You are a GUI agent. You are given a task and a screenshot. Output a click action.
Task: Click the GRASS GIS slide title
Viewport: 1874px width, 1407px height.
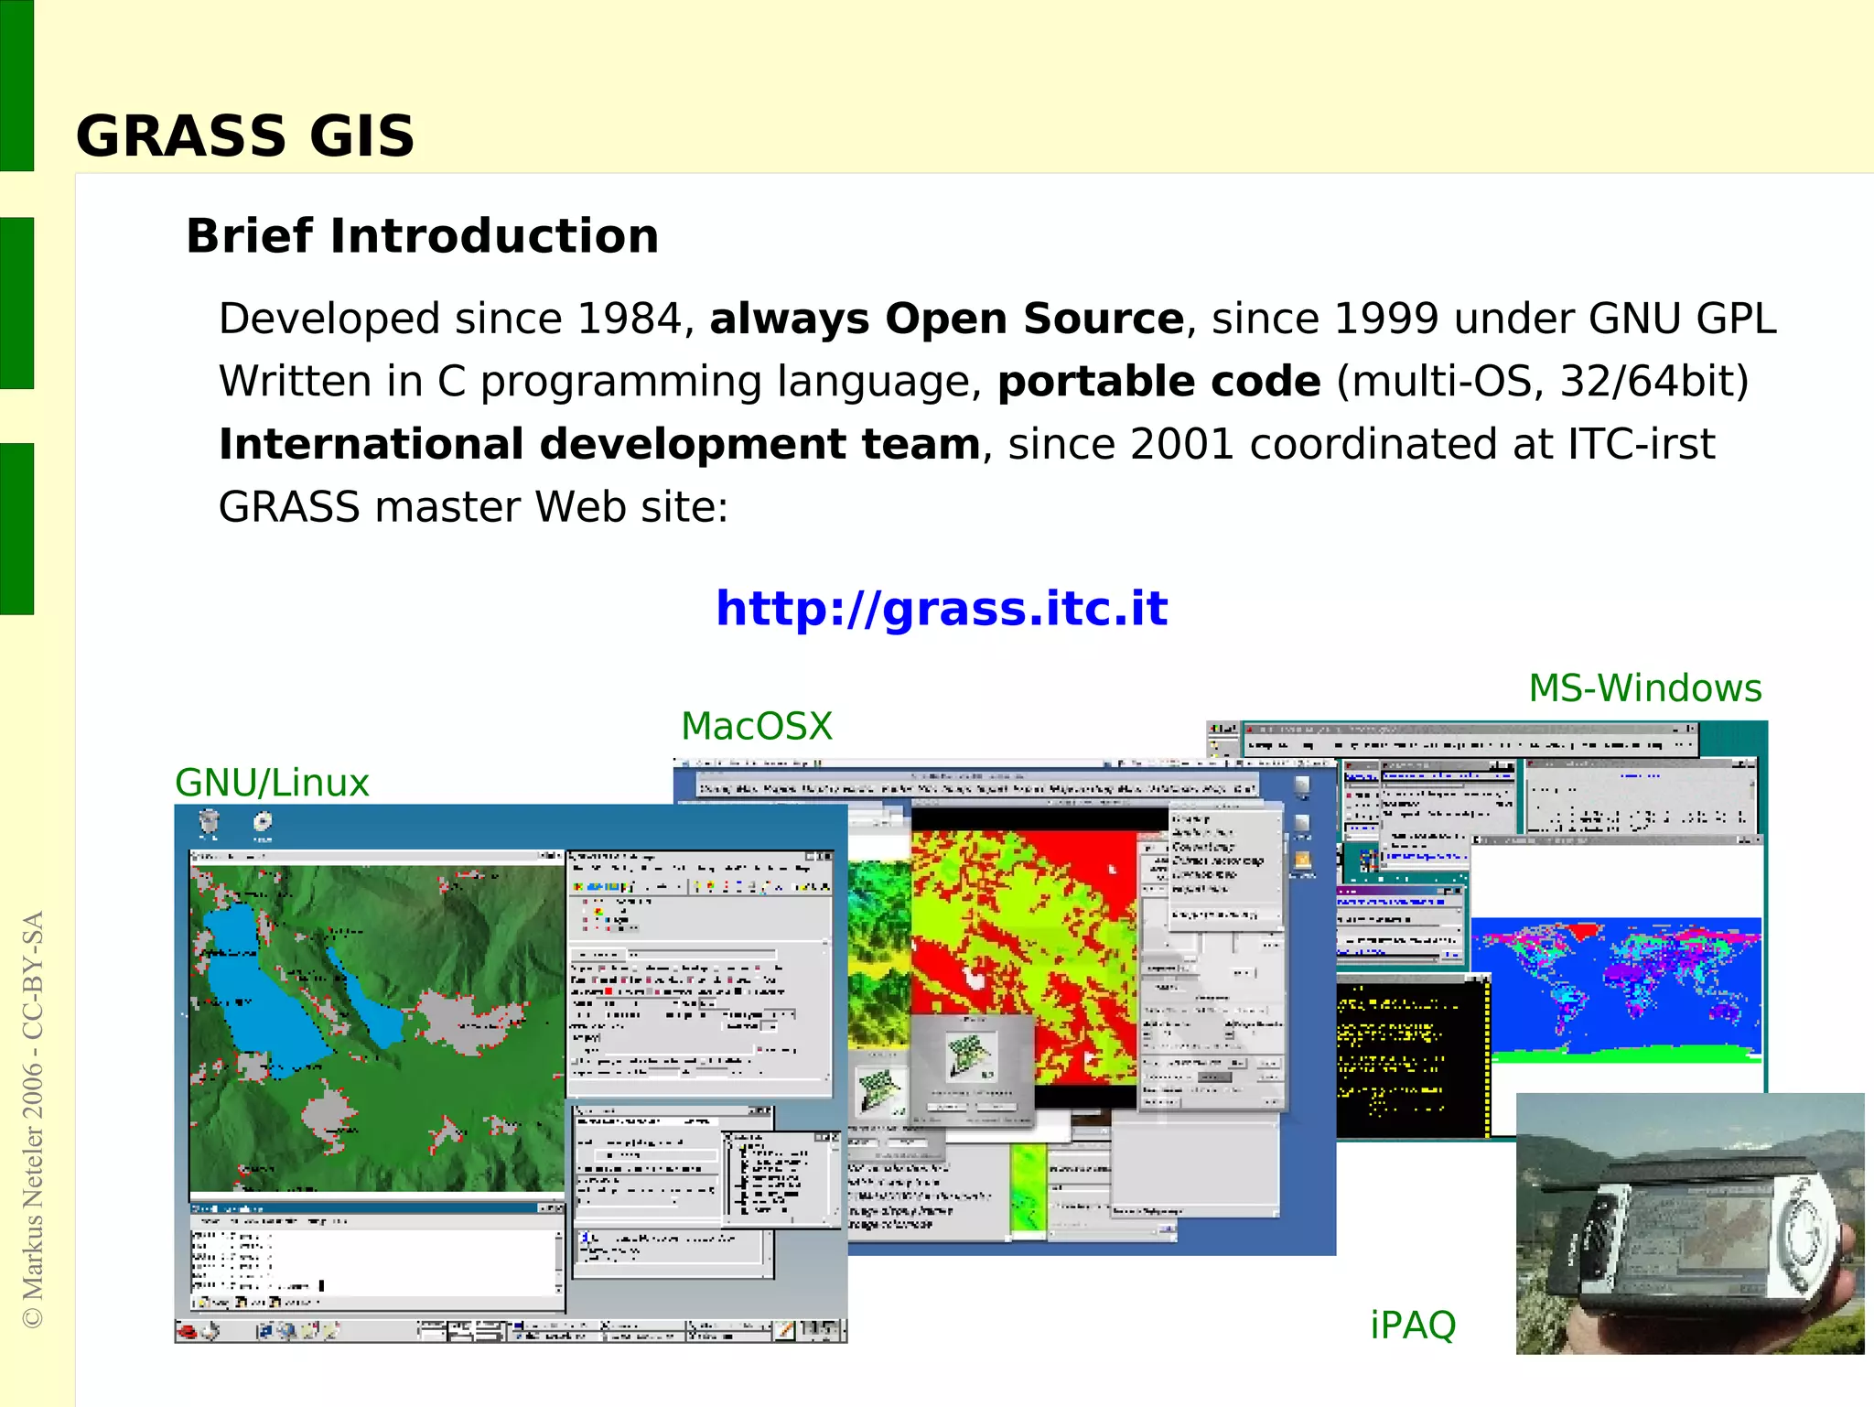tap(244, 136)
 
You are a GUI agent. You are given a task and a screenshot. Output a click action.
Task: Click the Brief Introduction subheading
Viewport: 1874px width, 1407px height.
tap(422, 236)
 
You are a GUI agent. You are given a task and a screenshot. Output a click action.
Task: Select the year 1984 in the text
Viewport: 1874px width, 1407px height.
tap(629, 319)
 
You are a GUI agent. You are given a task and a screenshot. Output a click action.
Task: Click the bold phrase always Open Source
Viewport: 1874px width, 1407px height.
tap(946, 319)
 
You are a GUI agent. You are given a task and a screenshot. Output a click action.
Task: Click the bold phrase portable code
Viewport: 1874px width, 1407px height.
tap(1158, 382)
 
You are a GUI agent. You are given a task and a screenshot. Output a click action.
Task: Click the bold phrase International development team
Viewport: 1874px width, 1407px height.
tap(599, 445)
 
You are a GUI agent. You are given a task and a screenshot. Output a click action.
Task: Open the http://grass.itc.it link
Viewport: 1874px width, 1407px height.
tap(942, 609)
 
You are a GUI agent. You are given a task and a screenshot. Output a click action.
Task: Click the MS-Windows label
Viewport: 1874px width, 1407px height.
tap(1644, 688)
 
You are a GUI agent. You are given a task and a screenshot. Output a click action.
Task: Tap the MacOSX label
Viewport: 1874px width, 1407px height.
tap(757, 727)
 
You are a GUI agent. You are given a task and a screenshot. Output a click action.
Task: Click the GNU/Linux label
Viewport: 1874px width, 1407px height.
tap(272, 784)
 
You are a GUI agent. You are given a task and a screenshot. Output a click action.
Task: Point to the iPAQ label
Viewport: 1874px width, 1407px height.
tap(1412, 1325)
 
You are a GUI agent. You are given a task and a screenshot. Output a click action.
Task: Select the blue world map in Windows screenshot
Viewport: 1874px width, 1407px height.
tap(1615, 989)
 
